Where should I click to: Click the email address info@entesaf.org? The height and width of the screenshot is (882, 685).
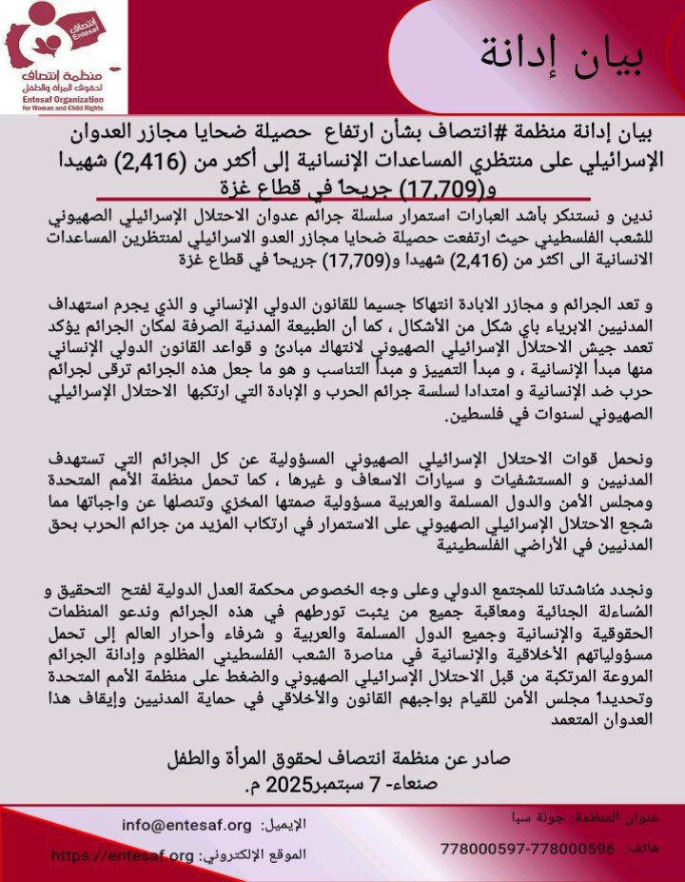click(186, 825)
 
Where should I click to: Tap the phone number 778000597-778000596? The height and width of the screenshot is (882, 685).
click(529, 847)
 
